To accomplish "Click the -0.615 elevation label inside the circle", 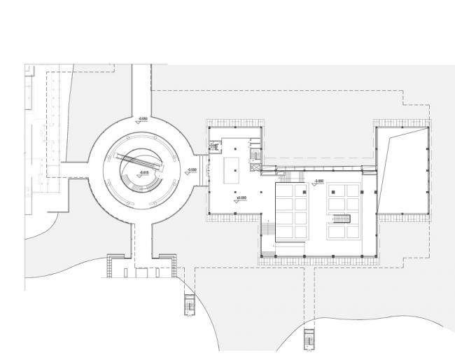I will pyautogui.click(x=145, y=172).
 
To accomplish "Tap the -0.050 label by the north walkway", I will pyautogui.click(x=143, y=120).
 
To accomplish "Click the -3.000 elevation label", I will pyautogui.click(x=318, y=181).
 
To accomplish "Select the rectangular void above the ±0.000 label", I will pyautogui.click(x=233, y=171).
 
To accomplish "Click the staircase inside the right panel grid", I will pyautogui.click(x=341, y=220).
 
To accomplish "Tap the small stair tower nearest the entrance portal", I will pyautogui.click(x=188, y=305).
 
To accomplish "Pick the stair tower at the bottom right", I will pyautogui.click(x=308, y=338).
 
